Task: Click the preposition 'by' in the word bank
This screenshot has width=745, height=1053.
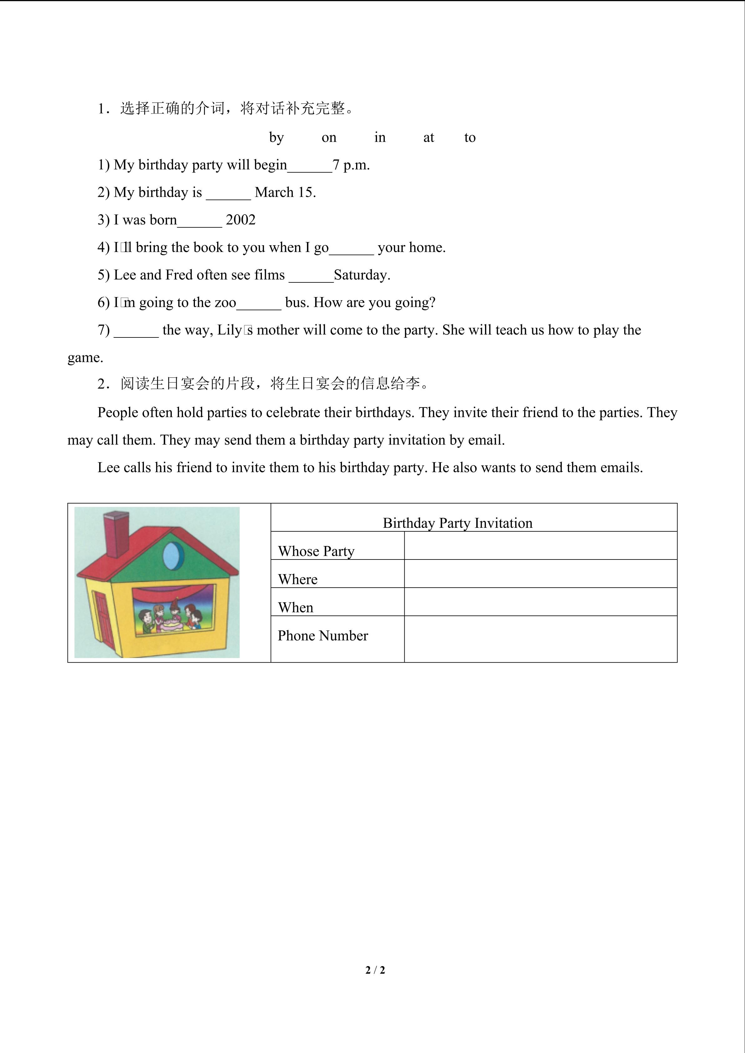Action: click(276, 138)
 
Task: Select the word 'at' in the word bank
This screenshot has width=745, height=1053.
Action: click(428, 138)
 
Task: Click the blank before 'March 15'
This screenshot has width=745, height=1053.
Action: click(228, 194)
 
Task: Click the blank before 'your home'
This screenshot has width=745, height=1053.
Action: click(351, 249)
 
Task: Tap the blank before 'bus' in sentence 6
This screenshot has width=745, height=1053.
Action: click(259, 304)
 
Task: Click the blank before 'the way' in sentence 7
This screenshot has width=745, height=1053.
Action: click(136, 331)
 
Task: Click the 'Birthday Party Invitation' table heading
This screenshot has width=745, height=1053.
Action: click(457, 523)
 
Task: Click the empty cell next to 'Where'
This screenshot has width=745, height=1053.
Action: click(540, 574)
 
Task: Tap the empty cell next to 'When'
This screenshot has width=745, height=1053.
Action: click(540, 602)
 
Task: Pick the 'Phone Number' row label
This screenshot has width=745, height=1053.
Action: click(323, 636)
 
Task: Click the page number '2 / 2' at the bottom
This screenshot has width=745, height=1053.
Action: click(375, 970)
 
